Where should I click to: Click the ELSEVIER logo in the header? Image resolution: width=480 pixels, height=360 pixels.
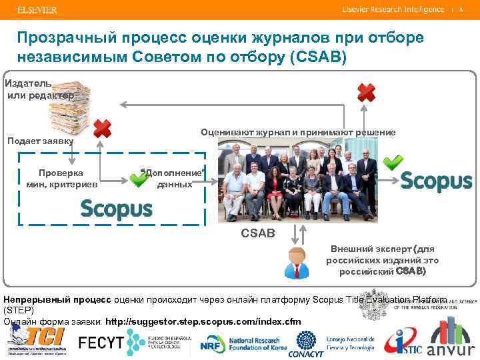coord(37,10)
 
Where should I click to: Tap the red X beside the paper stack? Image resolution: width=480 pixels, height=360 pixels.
coord(101,129)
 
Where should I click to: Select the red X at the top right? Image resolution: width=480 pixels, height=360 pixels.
coord(366,92)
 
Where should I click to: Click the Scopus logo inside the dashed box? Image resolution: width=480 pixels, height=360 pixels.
coord(116,209)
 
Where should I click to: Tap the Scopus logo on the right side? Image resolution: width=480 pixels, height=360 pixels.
coord(437,181)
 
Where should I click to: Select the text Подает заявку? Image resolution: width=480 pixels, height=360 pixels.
coord(39,141)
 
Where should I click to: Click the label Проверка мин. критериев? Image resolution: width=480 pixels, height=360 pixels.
coord(61,177)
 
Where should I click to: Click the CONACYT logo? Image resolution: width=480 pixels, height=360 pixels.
coord(305,343)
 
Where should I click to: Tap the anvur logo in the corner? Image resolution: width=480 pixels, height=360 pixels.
coord(450,340)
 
